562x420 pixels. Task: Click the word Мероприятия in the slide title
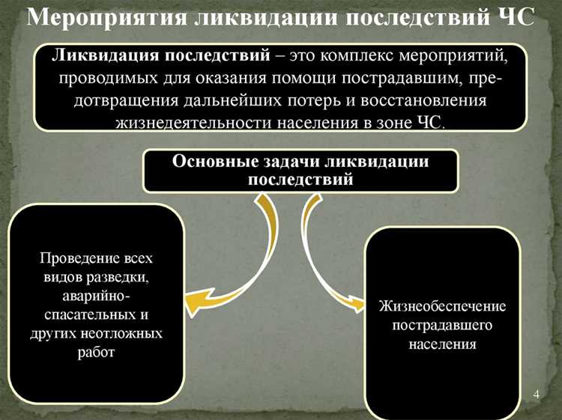(x=106, y=17)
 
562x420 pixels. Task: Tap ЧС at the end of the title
(x=516, y=17)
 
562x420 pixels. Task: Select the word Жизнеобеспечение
(x=442, y=308)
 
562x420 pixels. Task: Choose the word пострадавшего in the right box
(x=442, y=326)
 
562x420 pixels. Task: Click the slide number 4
(x=536, y=395)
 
